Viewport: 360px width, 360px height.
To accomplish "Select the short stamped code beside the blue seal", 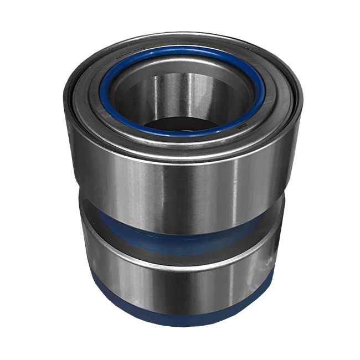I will (x=243, y=126).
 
